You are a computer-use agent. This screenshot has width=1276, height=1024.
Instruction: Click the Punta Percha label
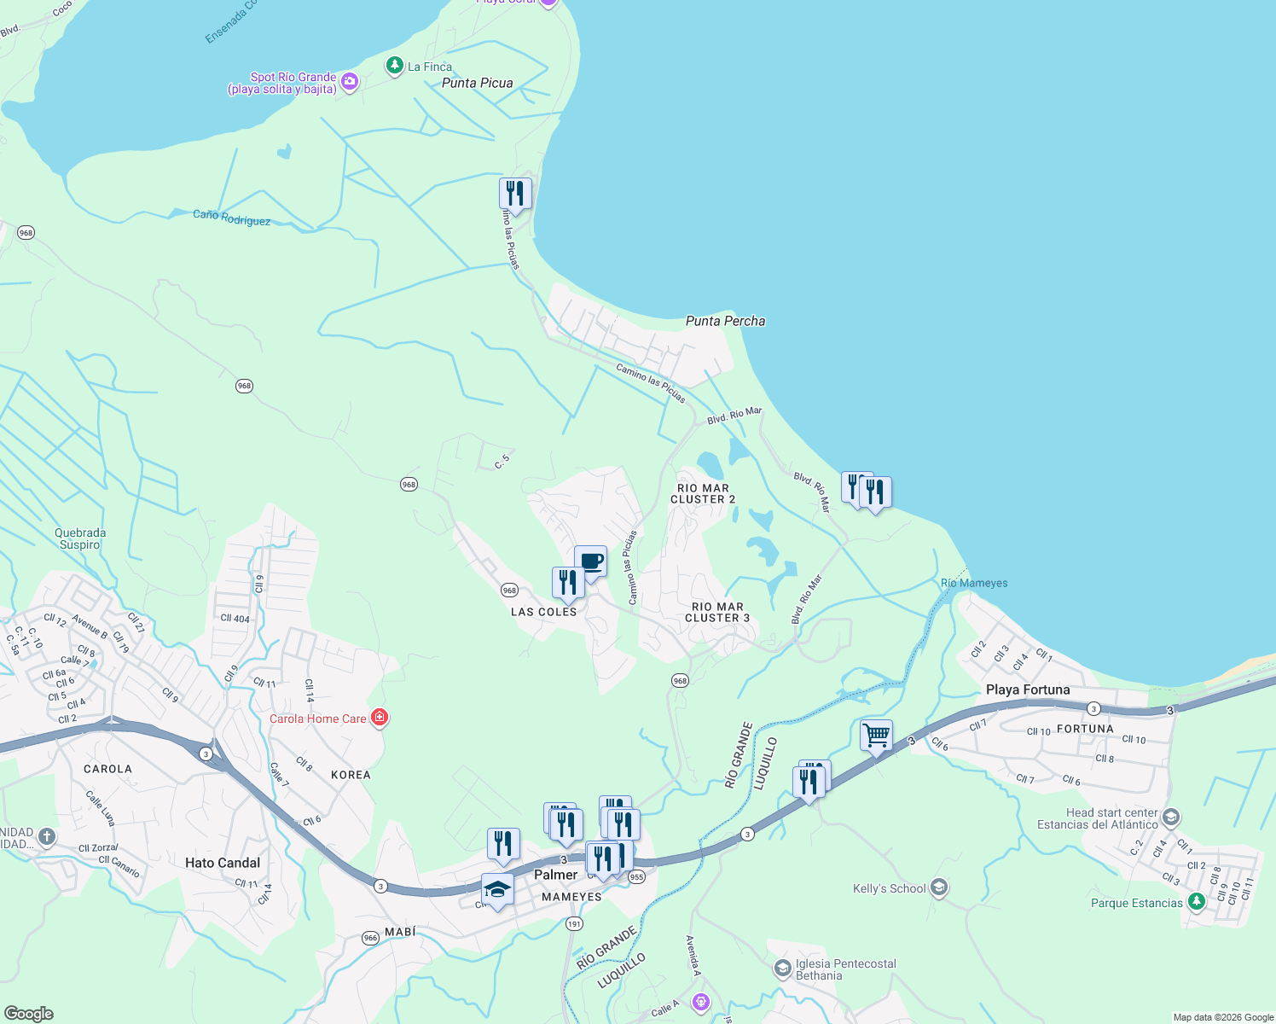click(725, 321)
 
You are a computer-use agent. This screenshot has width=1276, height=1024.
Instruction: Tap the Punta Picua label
click(477, 83)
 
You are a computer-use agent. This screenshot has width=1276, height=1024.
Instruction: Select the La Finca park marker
click(394, 65)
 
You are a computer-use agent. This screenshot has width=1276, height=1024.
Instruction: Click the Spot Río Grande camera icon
click(349, 82)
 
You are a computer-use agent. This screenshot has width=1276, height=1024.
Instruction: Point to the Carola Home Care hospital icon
click(380, 718)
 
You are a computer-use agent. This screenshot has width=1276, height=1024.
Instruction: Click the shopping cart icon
click(876, 735)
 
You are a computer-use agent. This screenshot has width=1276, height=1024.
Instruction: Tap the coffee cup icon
click(590, 561)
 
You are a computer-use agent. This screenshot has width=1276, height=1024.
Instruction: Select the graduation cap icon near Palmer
click(497, 889)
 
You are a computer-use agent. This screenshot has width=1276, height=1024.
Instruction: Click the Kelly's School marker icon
click(939, 888)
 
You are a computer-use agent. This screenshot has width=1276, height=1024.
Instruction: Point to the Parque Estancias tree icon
click(1197, 901)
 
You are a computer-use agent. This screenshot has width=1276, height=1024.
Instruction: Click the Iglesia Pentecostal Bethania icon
click(782, 969)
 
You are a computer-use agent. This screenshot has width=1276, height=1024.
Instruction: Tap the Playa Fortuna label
click(1027, 689)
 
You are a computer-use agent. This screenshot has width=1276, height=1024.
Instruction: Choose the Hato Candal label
click(223, 863)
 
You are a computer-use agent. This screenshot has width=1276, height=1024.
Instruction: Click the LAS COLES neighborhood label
click(543, 612)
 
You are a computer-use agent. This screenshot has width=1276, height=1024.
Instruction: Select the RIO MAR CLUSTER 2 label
click(703, 494)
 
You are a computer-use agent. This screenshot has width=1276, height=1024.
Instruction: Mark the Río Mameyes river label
click(973, 583)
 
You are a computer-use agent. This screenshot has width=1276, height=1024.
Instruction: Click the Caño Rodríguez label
click(231, 218)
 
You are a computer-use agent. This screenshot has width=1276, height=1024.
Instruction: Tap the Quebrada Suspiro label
click(80, 538)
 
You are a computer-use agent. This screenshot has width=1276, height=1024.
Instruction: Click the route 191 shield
click(574, 924)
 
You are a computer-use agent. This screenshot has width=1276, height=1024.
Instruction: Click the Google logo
click(29, 1013)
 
